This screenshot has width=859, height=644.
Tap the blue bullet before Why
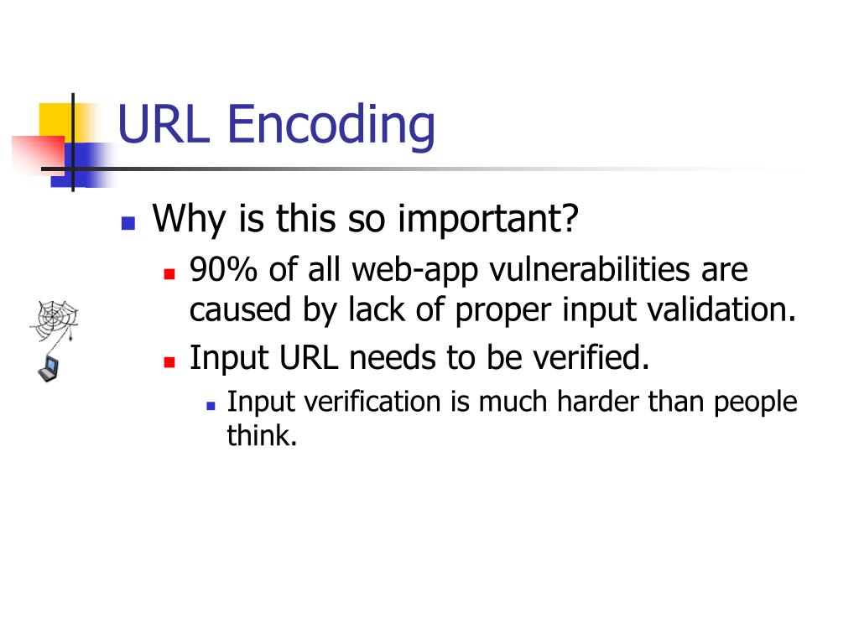click(x=128, y=223)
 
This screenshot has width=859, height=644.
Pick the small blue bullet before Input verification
click(x=211, y=404)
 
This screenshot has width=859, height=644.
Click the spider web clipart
click(x=55, y=318)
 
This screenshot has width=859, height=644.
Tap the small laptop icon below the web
click(x=48, y=366)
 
